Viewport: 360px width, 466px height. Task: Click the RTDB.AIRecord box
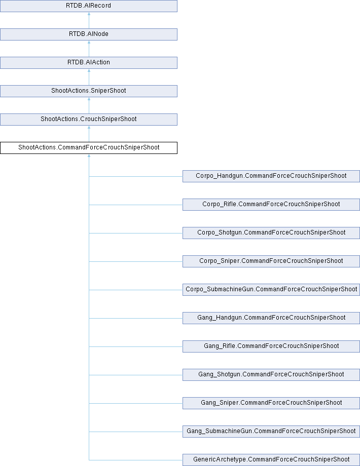coord(89,6)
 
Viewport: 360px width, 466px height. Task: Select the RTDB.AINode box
coord(89,34)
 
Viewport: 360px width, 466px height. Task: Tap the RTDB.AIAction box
coord(89,63)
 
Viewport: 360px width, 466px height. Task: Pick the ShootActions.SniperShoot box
coord(89,91)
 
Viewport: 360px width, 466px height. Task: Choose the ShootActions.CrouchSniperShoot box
coord(89,120)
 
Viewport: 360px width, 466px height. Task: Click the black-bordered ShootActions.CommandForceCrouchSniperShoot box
coord(89,148)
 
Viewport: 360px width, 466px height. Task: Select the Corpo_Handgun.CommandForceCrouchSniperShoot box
coord(271,176)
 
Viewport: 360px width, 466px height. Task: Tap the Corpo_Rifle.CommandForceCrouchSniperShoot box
coord(271,205)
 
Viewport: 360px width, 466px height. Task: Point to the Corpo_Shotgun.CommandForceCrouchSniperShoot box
coord(271,233)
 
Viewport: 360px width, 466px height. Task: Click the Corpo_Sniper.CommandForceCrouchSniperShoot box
coord(271,261)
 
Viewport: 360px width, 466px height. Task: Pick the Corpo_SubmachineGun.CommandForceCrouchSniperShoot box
coord(271,290)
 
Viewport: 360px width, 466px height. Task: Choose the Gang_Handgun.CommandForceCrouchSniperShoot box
coord(271,318)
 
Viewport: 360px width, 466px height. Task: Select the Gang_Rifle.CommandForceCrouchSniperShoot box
coord(271,346)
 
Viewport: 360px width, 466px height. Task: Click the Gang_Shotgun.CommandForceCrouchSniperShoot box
coord(271,375)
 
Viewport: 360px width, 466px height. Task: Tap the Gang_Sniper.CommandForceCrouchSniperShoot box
coord(271,403)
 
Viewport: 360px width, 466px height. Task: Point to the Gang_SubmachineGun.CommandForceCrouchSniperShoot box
coord(271,432)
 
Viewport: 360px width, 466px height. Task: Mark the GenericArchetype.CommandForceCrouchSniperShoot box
coord(271,460)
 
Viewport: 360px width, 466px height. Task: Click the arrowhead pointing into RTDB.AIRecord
coord(89,14)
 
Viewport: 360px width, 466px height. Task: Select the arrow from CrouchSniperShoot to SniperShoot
coord(89,105)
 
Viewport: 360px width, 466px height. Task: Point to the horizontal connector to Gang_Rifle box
coord(136,346)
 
